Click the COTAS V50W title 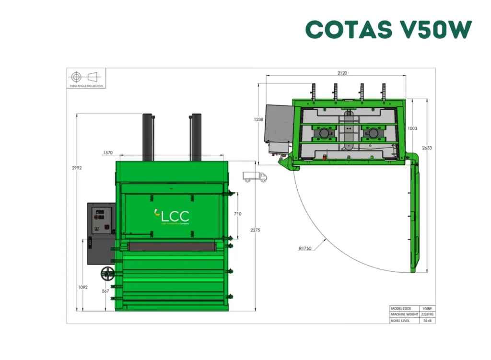(388, 30)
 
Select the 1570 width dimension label (107, 153)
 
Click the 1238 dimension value (258, 119)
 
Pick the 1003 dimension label (412, 128)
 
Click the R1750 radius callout (305, 248)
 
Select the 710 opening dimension (237, 214)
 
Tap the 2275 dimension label (255, 231)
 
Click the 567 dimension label (105, 291)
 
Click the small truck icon (255, 177)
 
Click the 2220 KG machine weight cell (427, 314)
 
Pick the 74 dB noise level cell (427, 320)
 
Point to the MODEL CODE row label (402, 308)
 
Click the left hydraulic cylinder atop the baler (147, 137)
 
